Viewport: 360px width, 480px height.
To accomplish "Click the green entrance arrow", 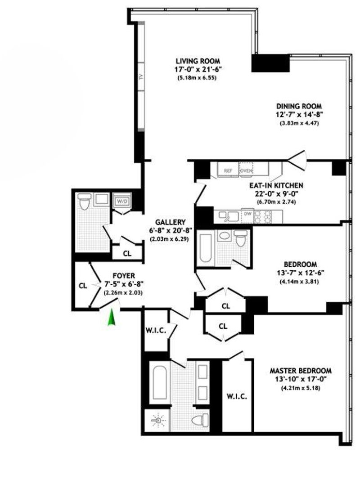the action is pyautogui.click(x=112, y=318).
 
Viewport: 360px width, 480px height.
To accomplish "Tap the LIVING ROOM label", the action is pyautogui.click(x=198, y=61).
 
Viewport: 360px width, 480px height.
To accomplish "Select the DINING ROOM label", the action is pyautogui.click(x=299, y=106).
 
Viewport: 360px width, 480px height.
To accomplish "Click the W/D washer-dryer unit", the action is pyautogui.click(x=122, y=201).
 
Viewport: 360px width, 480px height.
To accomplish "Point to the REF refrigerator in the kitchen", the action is pyautogui.click(x=228, y=170).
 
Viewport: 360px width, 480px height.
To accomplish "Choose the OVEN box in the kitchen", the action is pyautogui.click(x=246, y=170).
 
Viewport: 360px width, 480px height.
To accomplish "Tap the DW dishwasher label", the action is pyautogui.click(x=248, y=214).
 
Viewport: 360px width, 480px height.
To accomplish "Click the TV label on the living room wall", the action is pyautogui.click(x=141, y=76).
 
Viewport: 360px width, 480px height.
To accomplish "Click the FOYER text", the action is pyautogui.click(x=124, y=276).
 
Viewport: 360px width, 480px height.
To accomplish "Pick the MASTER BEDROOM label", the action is pyautogui.click(x=300, y=371).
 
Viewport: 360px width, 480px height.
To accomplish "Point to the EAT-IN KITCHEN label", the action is pyautogui.click(x=276, y=185).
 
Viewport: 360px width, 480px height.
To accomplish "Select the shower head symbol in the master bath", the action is pyautogui.click(x=158, y=421).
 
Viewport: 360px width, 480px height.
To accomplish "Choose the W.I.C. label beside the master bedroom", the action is pyautogui.click(x=237, y=396).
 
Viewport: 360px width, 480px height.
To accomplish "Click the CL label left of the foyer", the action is pyautogui.click(x=83, y=286).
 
